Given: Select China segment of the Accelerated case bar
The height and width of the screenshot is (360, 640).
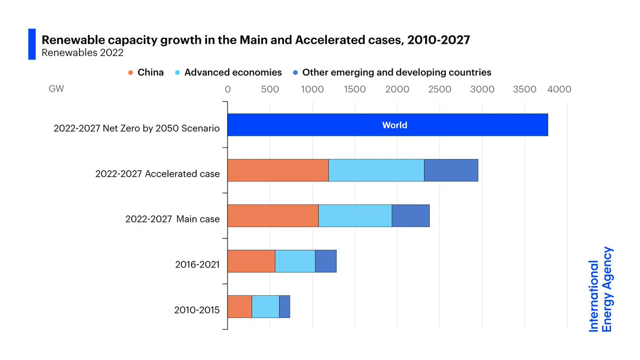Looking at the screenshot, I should pyautogui.click(x=278, y=170).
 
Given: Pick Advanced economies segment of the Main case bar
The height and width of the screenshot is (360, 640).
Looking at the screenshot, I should pyautogui.click(x=355, y=215).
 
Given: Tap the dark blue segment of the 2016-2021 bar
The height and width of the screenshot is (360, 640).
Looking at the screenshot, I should pyautogui.click(x=326, y=261).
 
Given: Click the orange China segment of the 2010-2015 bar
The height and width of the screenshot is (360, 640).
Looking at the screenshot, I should pyautogui.click(x=239, y=306).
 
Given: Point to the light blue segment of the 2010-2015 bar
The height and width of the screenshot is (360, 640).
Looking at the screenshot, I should pyautogui.click(x=266, y=306).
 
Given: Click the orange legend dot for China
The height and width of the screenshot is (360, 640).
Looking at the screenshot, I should pyautogui.click(x=131, y=73).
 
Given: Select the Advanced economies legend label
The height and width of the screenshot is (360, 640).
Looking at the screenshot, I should pyautogui.click(x=233, y=72).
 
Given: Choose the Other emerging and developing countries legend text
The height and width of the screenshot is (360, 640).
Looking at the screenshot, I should pyautogui.click(x=396, y=72).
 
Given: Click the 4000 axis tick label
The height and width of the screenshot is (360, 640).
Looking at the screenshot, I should pyautogui.click(x=561, y=89).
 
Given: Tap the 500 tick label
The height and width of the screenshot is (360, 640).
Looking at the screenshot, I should pyautogui.click(x=270, y=89).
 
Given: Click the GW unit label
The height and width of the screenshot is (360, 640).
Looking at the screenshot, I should pyautogui.click(x=56, y=89).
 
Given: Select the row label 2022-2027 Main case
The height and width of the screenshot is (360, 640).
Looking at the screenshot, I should pyautogui.click(x=172, y=219).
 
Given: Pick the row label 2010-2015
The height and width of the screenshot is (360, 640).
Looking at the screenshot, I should pyautogui.click(x=197, y=309).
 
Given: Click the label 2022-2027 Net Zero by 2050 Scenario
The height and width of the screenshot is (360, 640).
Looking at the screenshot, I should pyautogui.click(x=137, y=129).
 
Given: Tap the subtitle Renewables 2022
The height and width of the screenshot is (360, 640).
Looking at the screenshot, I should pyautogui.click(x=82, y=52).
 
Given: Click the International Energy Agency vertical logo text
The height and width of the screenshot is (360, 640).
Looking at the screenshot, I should pyautogui.click(x=601, y=289).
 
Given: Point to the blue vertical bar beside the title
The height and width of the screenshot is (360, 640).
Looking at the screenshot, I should pyautogui.click(x=31, y=44).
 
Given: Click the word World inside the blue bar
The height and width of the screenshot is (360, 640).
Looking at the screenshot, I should pyautogui.click(x=395, y=125).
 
